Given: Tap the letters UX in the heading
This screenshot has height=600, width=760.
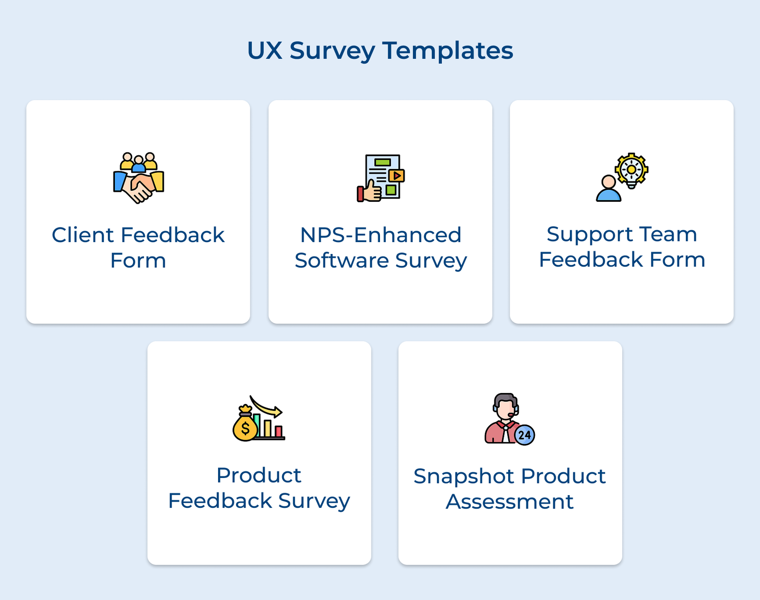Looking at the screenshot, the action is click(x=265, y=50).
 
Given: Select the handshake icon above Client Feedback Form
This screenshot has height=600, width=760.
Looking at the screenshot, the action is click(x=138, y=178).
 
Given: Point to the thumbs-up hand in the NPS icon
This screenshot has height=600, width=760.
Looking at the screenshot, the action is click(x=370, y=191).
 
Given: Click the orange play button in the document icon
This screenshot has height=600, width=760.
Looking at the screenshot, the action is click(x=396, y=176).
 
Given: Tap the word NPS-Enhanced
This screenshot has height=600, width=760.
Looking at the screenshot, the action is click(x=380, y=235).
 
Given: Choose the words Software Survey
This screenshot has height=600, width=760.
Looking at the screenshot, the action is click(x=380, y=261).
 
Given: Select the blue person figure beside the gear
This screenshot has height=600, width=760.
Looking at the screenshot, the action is click(x=608, y=188).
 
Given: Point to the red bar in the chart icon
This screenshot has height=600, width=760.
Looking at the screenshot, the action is click(x=279, y=431).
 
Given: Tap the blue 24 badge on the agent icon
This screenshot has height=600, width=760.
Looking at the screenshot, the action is click(x=524, y=435).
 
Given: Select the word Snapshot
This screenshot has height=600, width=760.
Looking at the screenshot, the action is click(x=464, y=477).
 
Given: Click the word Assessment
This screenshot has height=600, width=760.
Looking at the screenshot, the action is click(x=510, y=502).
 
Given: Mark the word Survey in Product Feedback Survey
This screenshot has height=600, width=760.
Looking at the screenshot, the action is click(x=314, y=502).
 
